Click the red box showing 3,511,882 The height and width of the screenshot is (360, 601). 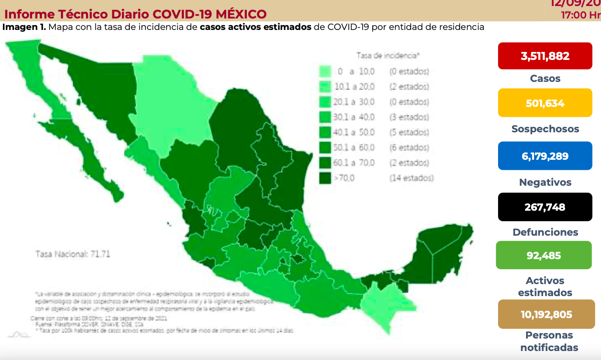pos(545,56)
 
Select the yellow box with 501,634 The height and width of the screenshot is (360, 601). pos(545,103)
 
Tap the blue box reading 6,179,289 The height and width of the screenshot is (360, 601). pos(545,156)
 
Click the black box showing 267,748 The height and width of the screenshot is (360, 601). pos(545,207)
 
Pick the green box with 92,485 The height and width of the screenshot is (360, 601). pos(544,256)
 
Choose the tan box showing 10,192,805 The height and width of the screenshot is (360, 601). pos(545,315)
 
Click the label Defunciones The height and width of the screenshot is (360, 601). pos(545,232)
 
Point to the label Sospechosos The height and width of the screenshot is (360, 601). pos(545,129)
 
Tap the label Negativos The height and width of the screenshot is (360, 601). pos(545,182)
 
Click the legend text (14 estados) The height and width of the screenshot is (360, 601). pos(411,178)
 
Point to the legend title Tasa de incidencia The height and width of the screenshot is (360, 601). pos(388,55)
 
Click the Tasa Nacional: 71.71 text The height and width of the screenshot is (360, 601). pos(72,254)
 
